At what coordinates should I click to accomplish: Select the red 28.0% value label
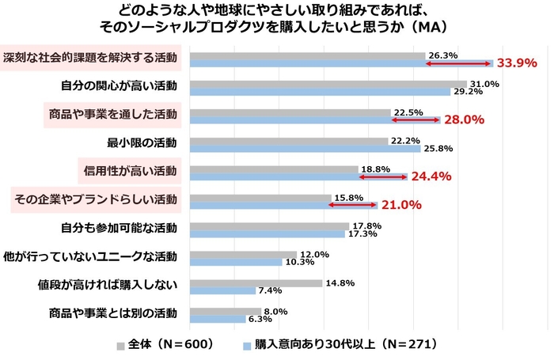[x=463, y=120]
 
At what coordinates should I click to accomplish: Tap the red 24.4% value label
[x=430, y=176]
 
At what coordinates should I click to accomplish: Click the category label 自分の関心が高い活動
[x=119, y=85]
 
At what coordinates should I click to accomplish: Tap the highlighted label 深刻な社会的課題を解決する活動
[x=90, y=58]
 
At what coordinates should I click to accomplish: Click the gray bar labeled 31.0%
[x=328, y=83]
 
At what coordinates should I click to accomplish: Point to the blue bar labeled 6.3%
[x=218, y=319]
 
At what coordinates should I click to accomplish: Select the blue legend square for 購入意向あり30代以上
[x=246, y=346]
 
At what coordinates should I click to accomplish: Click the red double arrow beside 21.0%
[x=353, y=205]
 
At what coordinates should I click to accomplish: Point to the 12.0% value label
[x=314, y=254]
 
